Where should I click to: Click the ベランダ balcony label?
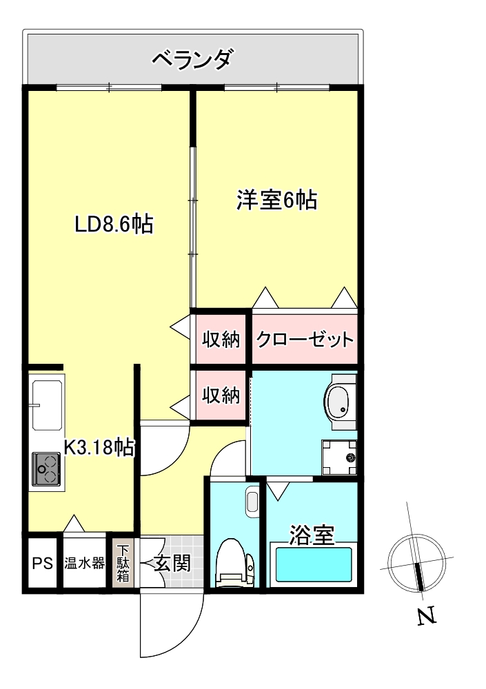[x=192, y=59]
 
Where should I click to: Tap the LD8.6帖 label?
[x=114, y=224]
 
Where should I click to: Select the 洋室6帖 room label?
[x=276, y=200]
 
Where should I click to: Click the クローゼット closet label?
[x=305, y=339]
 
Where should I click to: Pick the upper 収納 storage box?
[x=220, y=339]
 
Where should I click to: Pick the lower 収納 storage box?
[x=220, y=395]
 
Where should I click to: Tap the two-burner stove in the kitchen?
[x=47, y=469]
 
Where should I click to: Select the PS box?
[x=43, y=563]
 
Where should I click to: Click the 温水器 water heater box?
[x=85, y=563]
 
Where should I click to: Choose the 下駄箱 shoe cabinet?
[x=123, y=564]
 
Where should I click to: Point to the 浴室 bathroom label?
[x=312, y=534]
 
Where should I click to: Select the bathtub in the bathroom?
[x=314, y=565]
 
